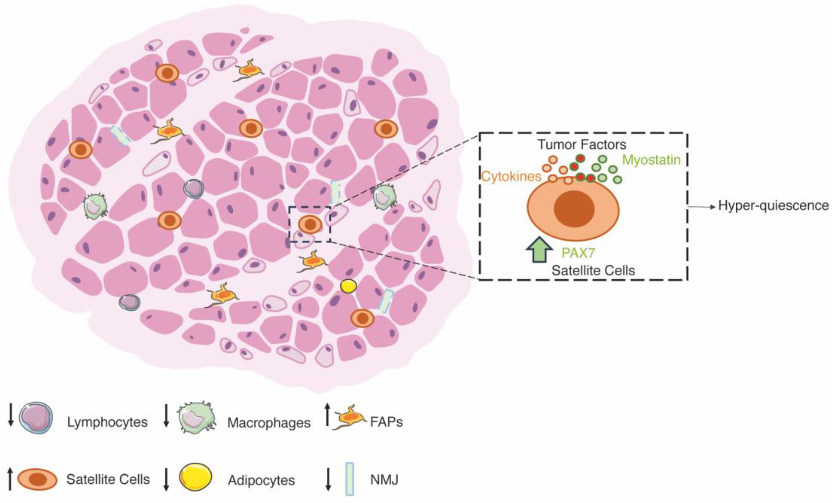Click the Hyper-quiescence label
(773, 205)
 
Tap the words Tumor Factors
(582, 145)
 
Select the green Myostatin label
(651, 160)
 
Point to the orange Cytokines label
(511, 176)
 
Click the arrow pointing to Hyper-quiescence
(702, 206)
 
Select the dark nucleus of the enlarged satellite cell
(574, 209)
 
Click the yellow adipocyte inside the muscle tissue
(348, 286)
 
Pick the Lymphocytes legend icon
(36, 418)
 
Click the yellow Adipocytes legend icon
(195, 477)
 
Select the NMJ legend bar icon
(350, 479)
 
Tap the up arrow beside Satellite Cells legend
(10, 478)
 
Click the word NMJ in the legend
(384, 480)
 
